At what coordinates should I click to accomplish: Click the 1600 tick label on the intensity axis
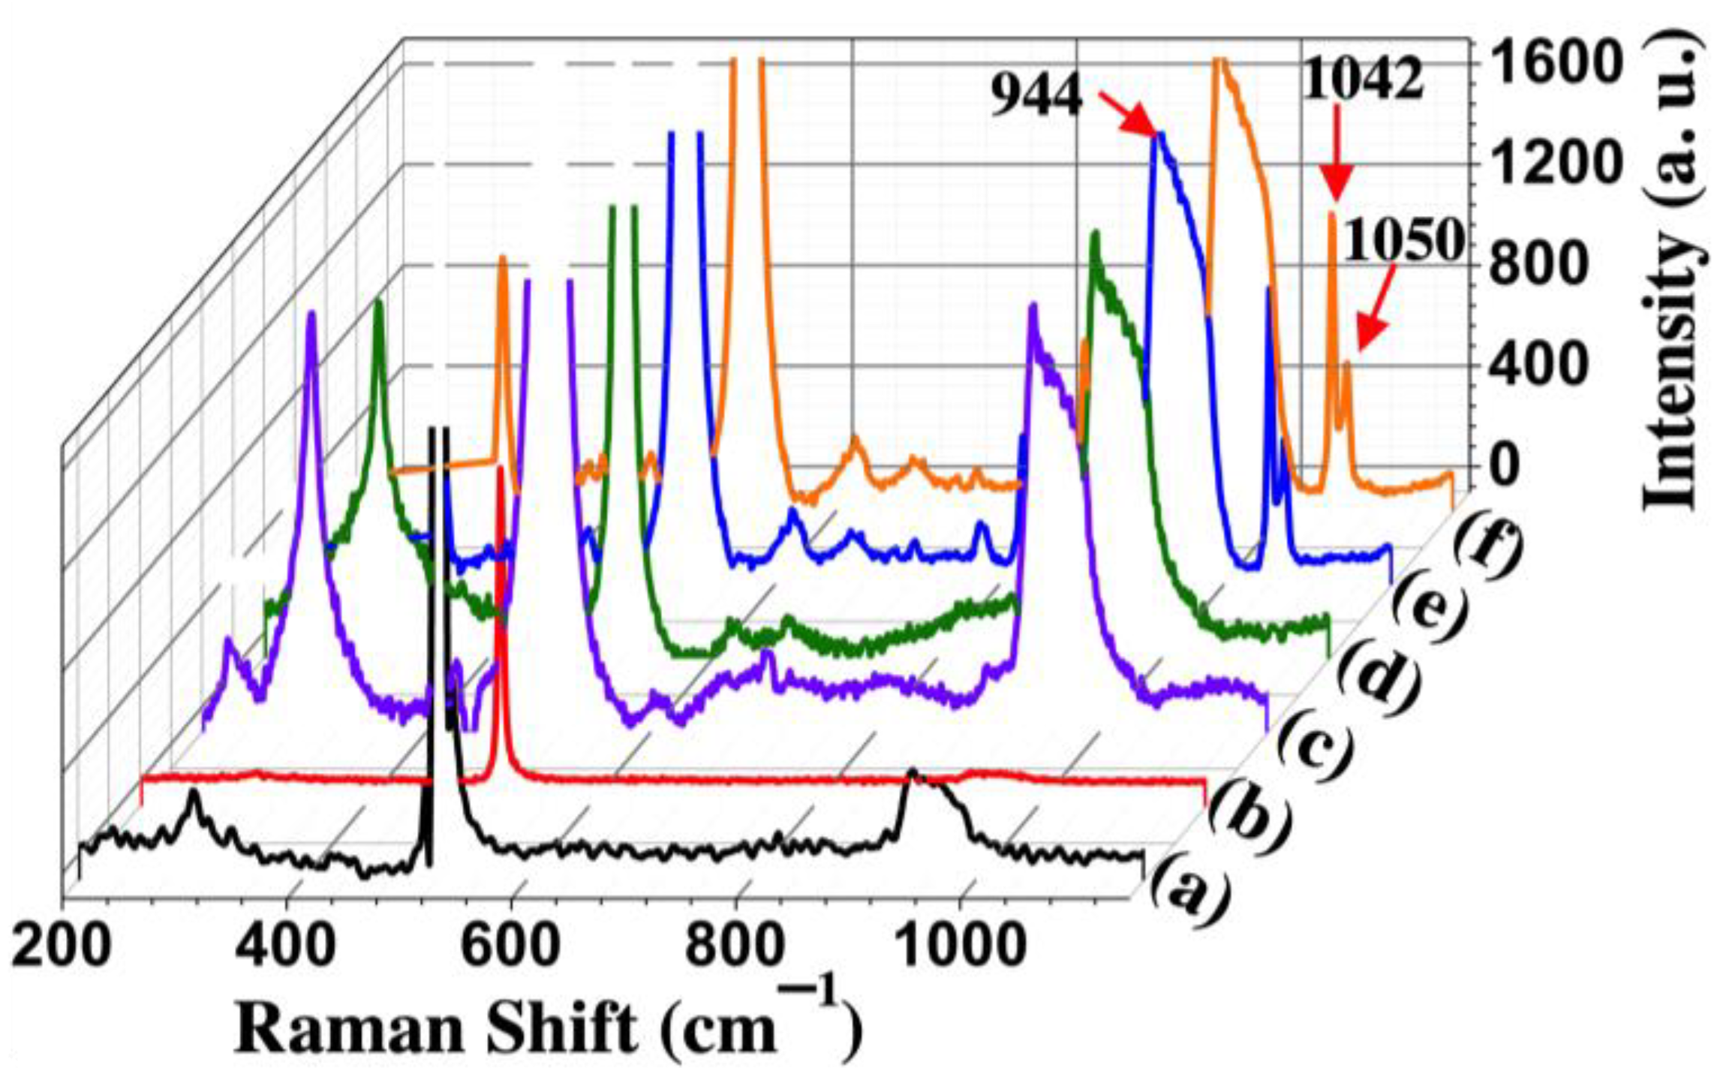pos(1546,64)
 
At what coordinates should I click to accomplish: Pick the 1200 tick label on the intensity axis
pos(1546,165)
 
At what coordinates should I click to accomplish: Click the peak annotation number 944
pos(1036,98)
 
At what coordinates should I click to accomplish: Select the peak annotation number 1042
pos(1362,80)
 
